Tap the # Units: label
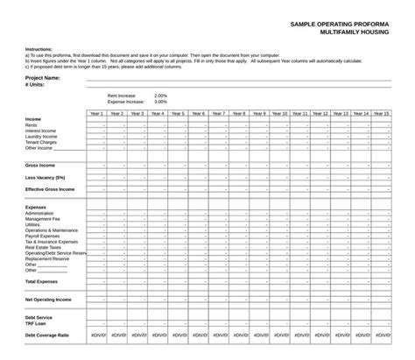pos(35,85)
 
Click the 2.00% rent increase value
pos(160,95)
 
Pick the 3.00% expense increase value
pos(160,102)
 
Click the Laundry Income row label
pos(41,137)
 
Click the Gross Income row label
pos(40,165)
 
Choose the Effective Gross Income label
pos(50,189)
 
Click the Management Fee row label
pos(43,218)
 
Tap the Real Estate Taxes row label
pos(43,247)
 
